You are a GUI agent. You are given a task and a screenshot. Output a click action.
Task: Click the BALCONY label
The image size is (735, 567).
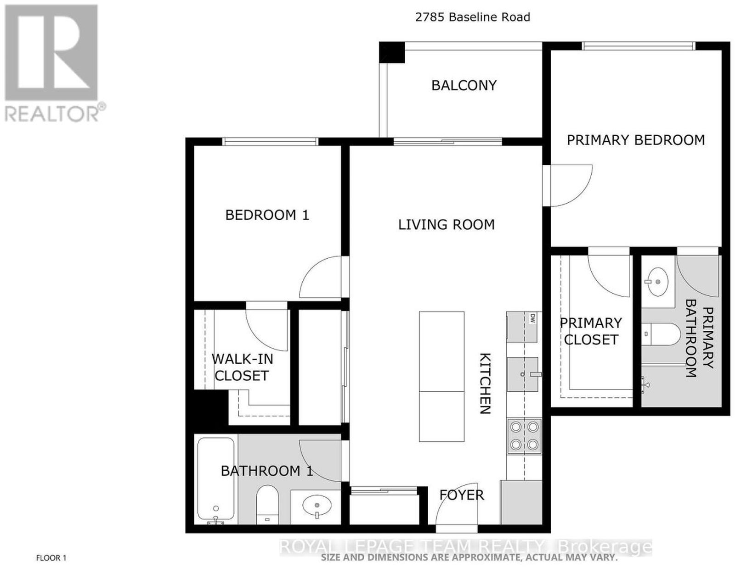(464, 85)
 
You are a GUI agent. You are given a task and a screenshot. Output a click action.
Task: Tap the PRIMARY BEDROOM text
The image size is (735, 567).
(636, 140)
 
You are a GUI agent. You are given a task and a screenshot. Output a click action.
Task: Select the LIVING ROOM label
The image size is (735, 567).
(446, 225)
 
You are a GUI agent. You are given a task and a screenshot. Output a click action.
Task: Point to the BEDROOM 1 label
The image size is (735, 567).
(267, 215)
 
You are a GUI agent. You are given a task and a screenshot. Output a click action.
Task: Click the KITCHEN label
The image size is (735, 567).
(486, 383)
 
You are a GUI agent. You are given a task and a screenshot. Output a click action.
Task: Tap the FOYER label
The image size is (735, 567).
(462, 495)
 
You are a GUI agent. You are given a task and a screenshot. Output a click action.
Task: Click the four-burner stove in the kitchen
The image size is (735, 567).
(524, 436)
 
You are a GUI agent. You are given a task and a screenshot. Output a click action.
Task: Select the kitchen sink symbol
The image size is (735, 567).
(524, 374)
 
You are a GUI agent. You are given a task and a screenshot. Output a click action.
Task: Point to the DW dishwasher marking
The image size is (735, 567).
(533, 318)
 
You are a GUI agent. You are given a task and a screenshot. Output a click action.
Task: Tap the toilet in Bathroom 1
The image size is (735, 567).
(267, 505)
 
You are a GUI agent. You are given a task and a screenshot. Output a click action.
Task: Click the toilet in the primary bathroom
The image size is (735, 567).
(661, 334)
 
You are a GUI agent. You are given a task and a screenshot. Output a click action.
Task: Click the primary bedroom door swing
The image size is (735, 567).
(568, 185)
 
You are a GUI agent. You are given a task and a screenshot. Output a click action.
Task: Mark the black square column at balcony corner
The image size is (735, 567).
(392, 52)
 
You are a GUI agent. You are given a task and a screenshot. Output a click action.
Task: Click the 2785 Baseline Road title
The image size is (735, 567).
(473, 17)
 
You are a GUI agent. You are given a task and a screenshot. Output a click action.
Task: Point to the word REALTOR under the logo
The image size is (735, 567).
(52, 114)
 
